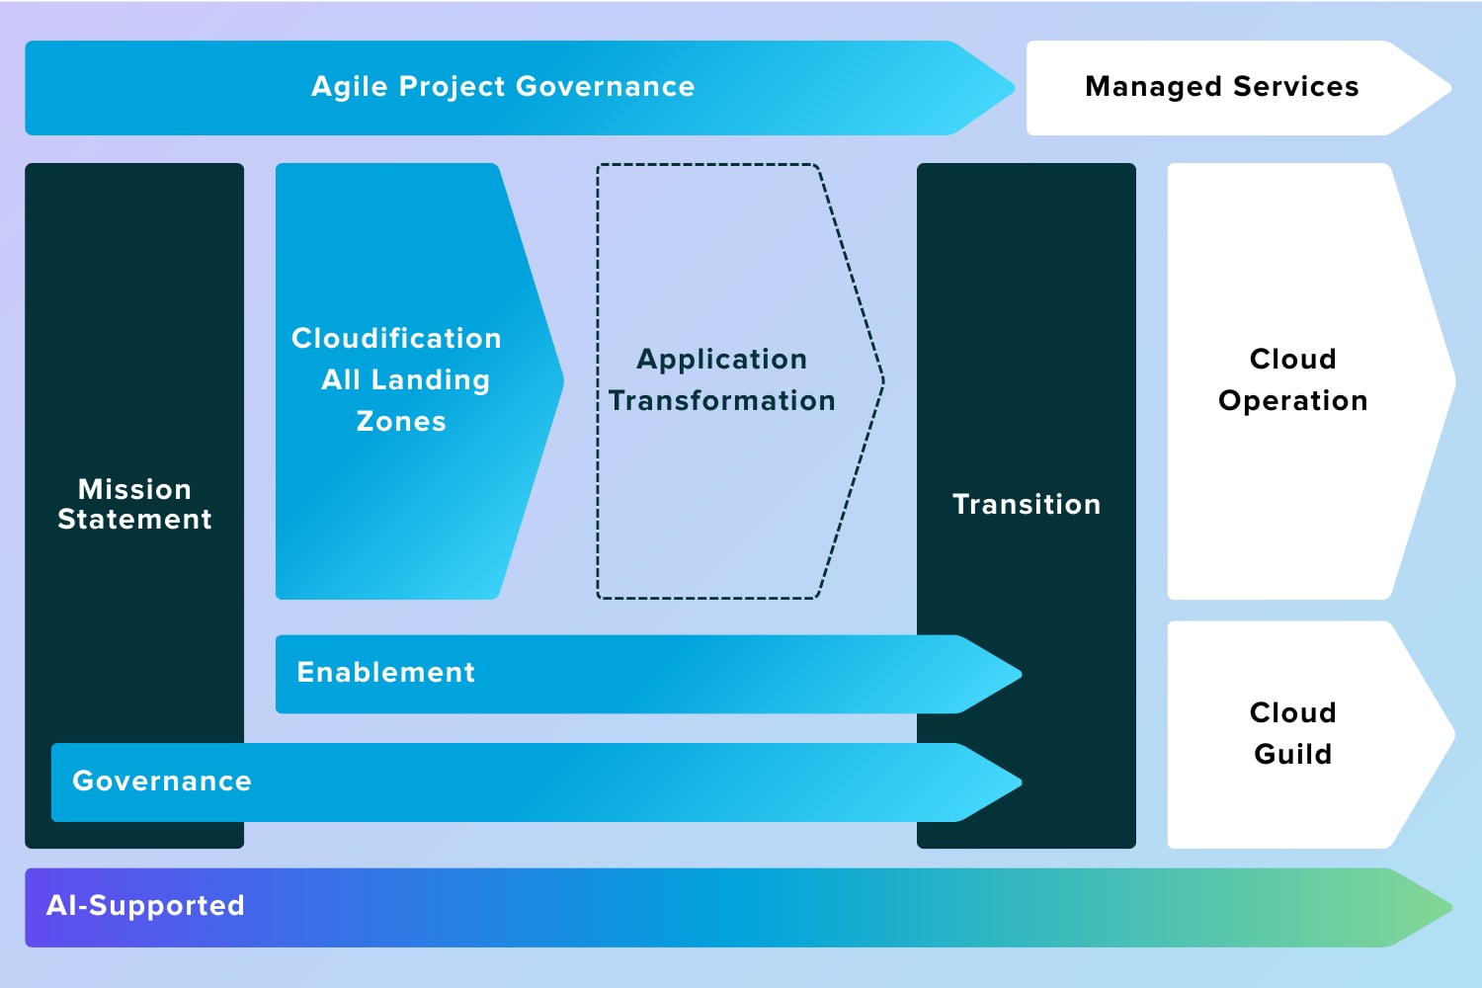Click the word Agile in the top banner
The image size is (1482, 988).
click(349, 87)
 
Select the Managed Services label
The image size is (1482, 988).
click(1222, 87)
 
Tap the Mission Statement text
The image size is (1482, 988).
click(134, 504)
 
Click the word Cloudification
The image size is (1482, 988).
click(396, 338)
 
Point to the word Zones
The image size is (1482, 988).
click(401, 422)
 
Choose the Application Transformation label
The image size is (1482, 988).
click(722, 379)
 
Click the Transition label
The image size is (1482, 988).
click(1027, 504)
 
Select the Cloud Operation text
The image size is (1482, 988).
click(1292, 379)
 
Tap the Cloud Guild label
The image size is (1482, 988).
click(1292, 733)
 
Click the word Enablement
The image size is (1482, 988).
click(385, 673)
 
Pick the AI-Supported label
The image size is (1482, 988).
click(145, 905)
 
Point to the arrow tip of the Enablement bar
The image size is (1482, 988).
click(1021, 675)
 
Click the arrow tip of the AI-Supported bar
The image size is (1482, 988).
click(1451, 907)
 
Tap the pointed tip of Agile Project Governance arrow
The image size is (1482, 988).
click(1014, 88)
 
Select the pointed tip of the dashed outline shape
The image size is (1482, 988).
click(883, 380)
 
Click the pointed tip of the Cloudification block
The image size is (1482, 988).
click(563, 380)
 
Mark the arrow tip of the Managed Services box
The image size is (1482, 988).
click(1451, 88)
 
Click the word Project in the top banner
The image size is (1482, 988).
click(453, 87)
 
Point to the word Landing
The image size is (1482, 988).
click(431, 380)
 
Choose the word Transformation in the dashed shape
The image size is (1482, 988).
click(722, 401)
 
